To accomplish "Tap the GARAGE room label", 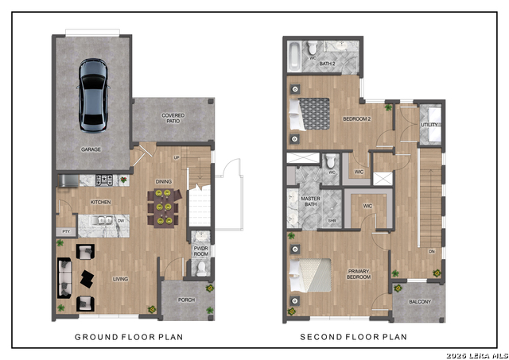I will pyautogui.click(x=91, y=149).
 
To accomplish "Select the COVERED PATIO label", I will pyautogui.click(x=173, y=118).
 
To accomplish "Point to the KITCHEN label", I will pyautogui.click(x=100, y=203).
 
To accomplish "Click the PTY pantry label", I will pyautogui.click(x=64, y=231).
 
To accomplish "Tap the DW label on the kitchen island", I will pyautogui.click(x=119, y=220).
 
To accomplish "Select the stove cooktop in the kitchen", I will pyautogui.click(x=105, y=180).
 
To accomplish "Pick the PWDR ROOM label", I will pyautogui.click(x=201, y=252).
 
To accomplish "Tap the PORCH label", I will pyautogui.click(x=186, y=300).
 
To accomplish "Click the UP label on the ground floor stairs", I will pyautogui.click(x=187, y=158).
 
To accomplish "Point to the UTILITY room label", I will pyautogui.click(x=430, y=125).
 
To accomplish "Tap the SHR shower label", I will pyautogui.click(x=332, y=221).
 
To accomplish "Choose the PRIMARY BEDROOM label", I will pyautogui.click(x=358, y=274).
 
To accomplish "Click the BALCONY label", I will pyautogui.click(x=420, y=302).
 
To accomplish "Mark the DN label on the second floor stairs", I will pyautogui.click(x=430, y=251).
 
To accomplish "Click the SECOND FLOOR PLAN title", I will pyautogui.click(x=353, y=337).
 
